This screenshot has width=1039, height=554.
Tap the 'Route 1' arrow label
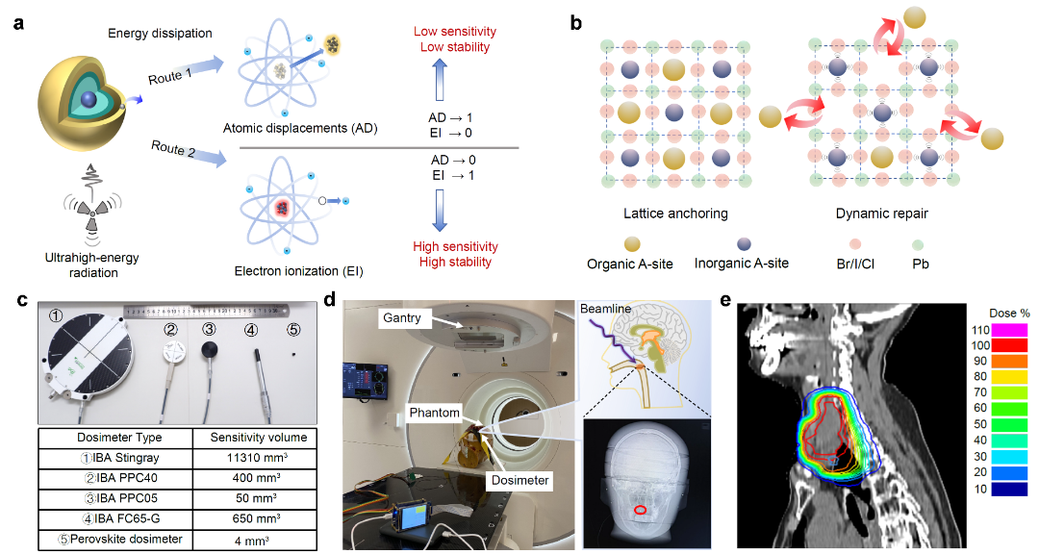click(x=169, y=78)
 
